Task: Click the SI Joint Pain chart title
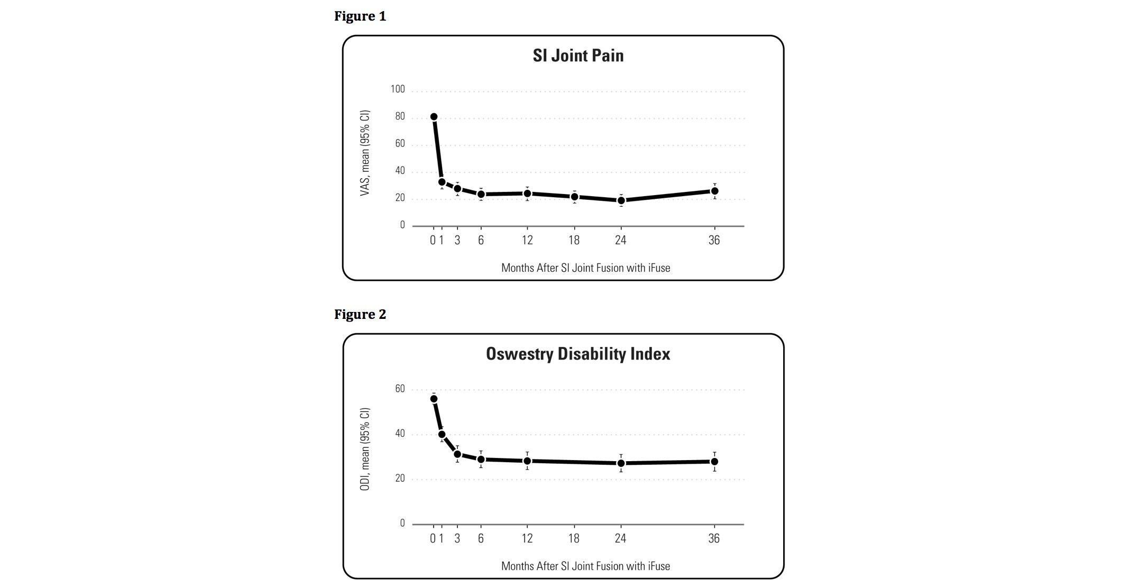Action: pyautogui.click(x=578, y=56)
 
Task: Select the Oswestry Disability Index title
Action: pyautogui.click(x=578, y=354)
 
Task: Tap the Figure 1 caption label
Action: pyautogui.click(x=360, y=16)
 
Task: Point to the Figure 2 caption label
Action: pyautogui.click(x=360, y=315)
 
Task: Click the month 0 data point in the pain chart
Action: pyautogui.click(x=434, y=117)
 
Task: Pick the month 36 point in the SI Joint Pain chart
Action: pyautogui.click(x=714, y=191)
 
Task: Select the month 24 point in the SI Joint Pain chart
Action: pyautogui.click(x=621, y=200)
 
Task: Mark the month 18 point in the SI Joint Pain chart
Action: pyautogui.click(x=574, y=197)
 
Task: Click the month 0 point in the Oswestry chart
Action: pyautogui.click(x=434, y=399)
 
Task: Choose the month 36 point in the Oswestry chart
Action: pyautogui.click(x=714, y=462)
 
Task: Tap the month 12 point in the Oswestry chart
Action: pyautogui.click(x=527, y=461)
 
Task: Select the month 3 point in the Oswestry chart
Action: pyautogui.click(x=457, y=454)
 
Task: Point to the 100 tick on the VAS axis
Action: pyautogui.click(x=398, y=89)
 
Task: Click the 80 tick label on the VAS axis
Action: pyautogui.click(x=400, y=116)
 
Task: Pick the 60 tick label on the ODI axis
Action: pyautogui.click(x=400, y=389)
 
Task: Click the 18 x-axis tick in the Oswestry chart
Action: pyautogui.click(x=574, y=538)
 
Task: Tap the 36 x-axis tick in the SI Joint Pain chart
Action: pyautogui.click(x=714, y=241)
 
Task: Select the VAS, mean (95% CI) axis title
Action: pyautogui.click(x=365, y=153)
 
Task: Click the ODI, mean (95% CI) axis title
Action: pyautogui.click(x=365, y=450)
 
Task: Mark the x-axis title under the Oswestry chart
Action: pyautogui.click(x=585, y=566)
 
